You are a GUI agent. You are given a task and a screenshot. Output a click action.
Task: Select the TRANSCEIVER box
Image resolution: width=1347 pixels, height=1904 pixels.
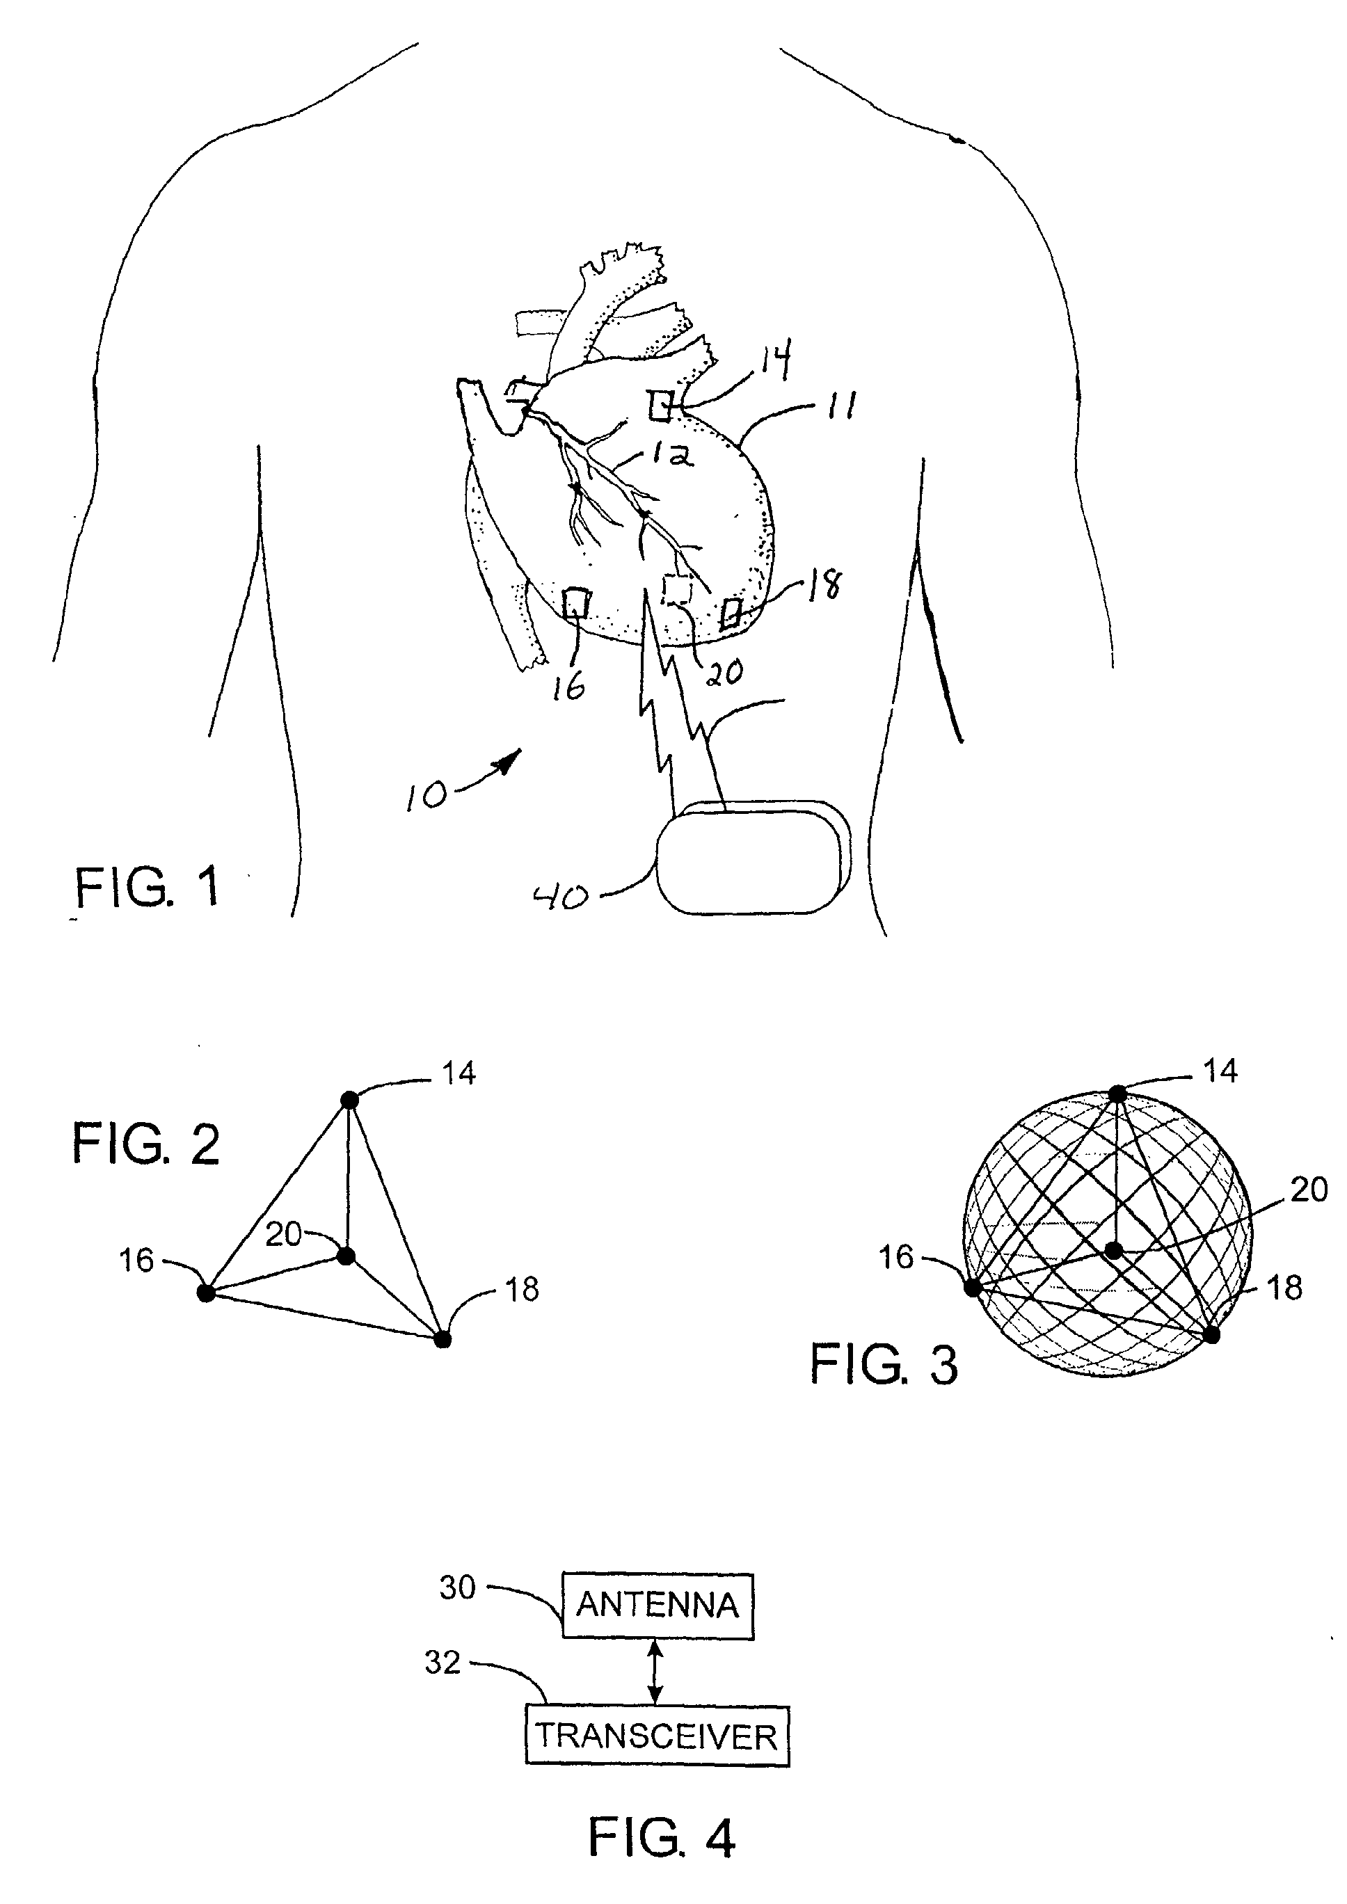click(x=657, y=1736)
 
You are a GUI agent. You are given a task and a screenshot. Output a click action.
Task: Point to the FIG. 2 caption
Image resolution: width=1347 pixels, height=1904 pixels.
click(x=146, y=1144)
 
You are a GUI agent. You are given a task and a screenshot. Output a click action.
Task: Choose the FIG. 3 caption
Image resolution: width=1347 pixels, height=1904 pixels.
click(x=884, y=1364)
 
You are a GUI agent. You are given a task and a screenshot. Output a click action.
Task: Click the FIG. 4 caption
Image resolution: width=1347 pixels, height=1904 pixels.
click(x=661, y=1836)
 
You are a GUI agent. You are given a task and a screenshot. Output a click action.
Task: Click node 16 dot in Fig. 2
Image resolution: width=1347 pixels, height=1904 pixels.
click(x=207, y=1292)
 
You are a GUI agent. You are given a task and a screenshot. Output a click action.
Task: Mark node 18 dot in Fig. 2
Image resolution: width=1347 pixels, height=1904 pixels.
click(x=443, y=1339)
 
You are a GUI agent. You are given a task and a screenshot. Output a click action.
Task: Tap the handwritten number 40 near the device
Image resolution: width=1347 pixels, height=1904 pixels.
click(x=560, y=897)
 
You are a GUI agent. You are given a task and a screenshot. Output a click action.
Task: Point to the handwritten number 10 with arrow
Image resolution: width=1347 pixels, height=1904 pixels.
click(x=427, y=794)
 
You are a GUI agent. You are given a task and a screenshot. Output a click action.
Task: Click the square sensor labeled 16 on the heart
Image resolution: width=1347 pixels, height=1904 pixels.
click(x=575, y=603)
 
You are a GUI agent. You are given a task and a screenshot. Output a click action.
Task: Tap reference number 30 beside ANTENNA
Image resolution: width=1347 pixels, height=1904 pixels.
click(x=457, y=1587)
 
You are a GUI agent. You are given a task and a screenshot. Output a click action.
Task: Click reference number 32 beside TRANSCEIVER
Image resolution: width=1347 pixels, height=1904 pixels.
click(x=442, y=1662)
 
